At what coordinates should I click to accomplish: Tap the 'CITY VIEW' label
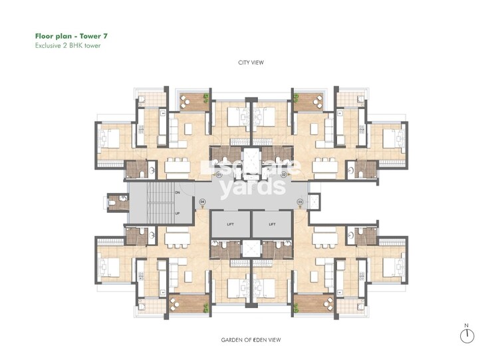(251, 65)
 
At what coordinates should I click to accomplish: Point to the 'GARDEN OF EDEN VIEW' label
(251, 340)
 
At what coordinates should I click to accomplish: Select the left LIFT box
(230, 224)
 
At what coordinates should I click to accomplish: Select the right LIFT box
(272, 224)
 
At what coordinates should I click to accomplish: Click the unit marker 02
(283, 174)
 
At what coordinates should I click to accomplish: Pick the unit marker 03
(300, 201)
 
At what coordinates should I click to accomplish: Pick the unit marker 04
(203, 201)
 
